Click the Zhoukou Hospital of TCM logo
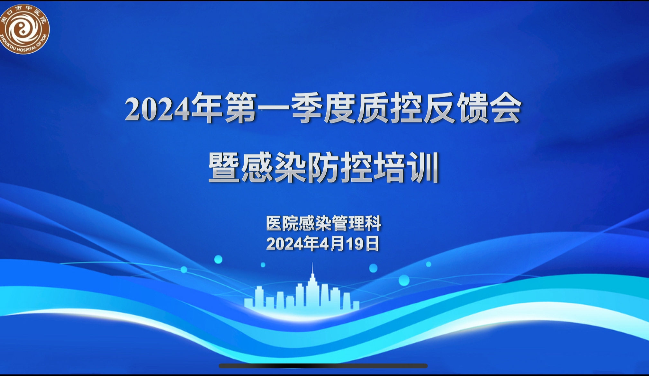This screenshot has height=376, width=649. [x=24, y=29]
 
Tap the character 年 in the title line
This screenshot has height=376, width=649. [x=206, y=108]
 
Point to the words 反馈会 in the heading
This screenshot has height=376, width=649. [x=473, y=108]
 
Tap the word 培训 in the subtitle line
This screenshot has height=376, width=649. [x=406, y=167]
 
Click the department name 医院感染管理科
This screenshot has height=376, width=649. [x=324, y=223]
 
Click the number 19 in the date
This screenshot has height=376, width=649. [x=355, y=244]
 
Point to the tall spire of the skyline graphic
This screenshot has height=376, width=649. [x=312, y=275]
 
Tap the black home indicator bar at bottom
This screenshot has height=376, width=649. [x=323, y=366]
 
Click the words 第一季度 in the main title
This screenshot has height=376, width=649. [x=290, y=108]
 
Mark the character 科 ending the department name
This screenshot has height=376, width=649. [x=373, y=223]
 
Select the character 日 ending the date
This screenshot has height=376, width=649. [x=372, y=244]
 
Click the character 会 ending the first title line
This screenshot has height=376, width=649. [x=505, y=108]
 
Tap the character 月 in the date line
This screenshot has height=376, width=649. [x=338, y=244]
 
